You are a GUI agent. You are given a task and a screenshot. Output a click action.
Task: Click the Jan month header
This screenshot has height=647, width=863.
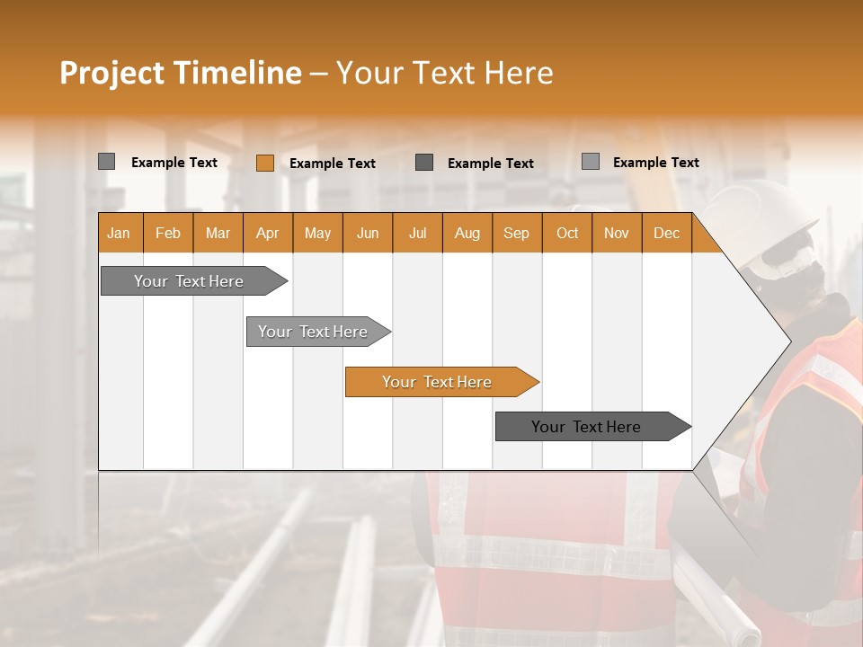coord(119,233)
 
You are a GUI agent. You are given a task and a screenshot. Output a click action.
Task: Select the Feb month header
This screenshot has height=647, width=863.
coord(168,233)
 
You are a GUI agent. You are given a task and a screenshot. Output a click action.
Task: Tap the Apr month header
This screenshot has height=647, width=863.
coord(267,233)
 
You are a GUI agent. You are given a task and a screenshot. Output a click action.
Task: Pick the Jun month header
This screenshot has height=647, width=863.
coord(367,233)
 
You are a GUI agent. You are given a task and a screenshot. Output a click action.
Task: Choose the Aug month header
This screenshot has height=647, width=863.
coord(467,233)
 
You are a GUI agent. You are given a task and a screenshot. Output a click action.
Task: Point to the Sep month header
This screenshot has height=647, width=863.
coord(516,233)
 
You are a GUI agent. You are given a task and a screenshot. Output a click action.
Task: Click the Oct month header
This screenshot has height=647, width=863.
coord(566,233)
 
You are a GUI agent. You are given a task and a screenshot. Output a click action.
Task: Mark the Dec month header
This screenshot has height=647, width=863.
coord(666,233)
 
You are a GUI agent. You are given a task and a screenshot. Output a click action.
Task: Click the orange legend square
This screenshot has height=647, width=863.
coord(264,163)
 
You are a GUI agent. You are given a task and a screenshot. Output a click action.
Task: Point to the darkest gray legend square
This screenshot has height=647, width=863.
coord(424,163)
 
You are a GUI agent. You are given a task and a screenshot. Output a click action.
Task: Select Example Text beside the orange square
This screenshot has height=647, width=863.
coord(332,164)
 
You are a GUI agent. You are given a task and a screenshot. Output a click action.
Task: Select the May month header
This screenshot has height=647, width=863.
coord(317,233)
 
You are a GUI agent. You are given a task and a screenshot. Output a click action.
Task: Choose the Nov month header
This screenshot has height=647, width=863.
coord(616,233)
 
